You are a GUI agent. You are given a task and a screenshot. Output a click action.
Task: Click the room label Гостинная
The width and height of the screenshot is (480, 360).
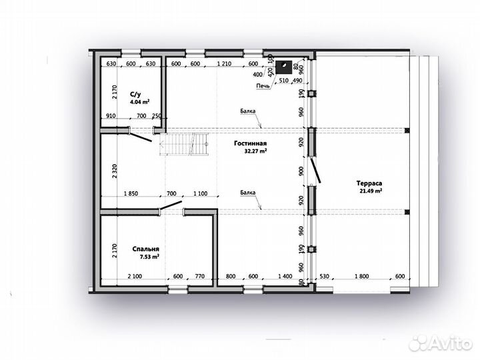250,143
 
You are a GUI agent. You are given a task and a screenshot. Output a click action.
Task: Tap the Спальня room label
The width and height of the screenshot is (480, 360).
146,249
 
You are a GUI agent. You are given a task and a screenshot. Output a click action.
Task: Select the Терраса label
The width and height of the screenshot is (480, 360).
369,183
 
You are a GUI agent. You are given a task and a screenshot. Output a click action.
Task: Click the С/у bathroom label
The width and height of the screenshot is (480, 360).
135,94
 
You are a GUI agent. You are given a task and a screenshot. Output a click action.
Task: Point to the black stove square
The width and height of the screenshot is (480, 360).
283,67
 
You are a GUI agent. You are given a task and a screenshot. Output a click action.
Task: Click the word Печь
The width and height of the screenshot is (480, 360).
263,86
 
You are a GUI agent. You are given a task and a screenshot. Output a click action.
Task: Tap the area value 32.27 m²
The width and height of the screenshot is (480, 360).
255,151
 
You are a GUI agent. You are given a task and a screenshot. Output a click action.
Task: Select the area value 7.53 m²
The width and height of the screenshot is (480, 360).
149,257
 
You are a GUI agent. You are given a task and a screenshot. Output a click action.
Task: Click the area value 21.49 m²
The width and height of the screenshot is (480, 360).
371,191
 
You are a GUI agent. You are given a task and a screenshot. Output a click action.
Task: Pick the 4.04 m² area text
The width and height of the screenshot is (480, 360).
139,102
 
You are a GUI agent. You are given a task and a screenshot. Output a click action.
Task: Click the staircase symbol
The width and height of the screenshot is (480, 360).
184,144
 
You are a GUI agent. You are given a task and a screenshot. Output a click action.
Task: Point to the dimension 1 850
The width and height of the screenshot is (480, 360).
131,193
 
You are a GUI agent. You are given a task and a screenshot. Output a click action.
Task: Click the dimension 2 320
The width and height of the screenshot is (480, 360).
115,172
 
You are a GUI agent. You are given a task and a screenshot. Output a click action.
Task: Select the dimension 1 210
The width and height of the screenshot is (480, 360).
224,64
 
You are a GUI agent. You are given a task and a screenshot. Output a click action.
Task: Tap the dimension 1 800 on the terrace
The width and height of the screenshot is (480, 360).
361,276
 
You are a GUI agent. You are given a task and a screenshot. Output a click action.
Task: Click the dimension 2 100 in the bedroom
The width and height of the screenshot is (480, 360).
135,276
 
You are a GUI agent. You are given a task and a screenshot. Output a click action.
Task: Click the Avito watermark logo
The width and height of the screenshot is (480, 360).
441,343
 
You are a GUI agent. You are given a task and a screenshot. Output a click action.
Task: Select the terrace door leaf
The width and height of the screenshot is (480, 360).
316,170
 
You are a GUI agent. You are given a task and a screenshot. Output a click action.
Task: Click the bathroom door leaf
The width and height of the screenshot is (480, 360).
141,137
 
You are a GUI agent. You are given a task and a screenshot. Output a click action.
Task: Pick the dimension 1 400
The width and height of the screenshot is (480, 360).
285,276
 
